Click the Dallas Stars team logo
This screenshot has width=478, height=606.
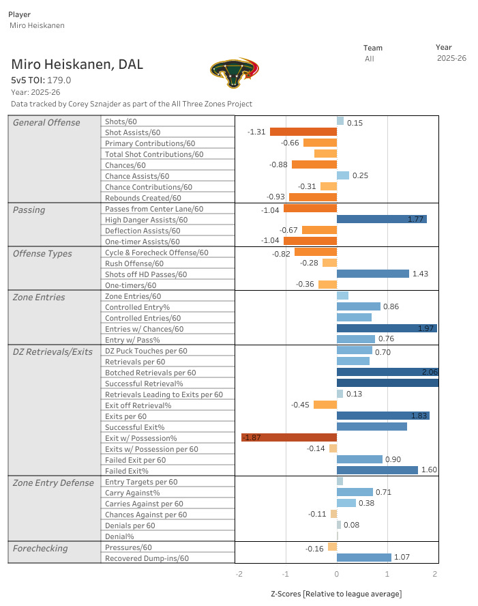click(x=235, y=72)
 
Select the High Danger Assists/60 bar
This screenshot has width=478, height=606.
click(x=381, y=219)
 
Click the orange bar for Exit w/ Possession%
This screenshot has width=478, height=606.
click(x=289, y=437)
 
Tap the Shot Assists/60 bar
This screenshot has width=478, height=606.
click(x=303, y=132)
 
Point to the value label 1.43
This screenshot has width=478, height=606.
click(x=420, y=274)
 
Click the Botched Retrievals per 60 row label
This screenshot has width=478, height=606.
click(x=151, y=373)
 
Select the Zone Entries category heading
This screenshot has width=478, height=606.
click(x=39, y=298)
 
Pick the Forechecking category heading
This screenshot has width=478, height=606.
click(x=40, y=549)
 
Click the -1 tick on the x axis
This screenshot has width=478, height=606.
click(x=285, y=574)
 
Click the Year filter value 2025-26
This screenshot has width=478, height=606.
click(x=451, y=58)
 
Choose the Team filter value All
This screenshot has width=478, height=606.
click(x=370, y=59)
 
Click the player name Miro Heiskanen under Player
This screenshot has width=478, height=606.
click(x=37, y=25)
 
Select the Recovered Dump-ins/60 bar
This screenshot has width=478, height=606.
click(x=364, y=558)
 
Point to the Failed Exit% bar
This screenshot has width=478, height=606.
click(x=377, y=470)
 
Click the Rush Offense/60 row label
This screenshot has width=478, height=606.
click(x=134, y=263)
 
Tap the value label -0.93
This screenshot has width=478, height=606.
click(x=275, y=197)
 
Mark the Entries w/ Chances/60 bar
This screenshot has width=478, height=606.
click(x=387, y=328)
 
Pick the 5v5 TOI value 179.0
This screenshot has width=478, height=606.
click(x=59, y=81)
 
